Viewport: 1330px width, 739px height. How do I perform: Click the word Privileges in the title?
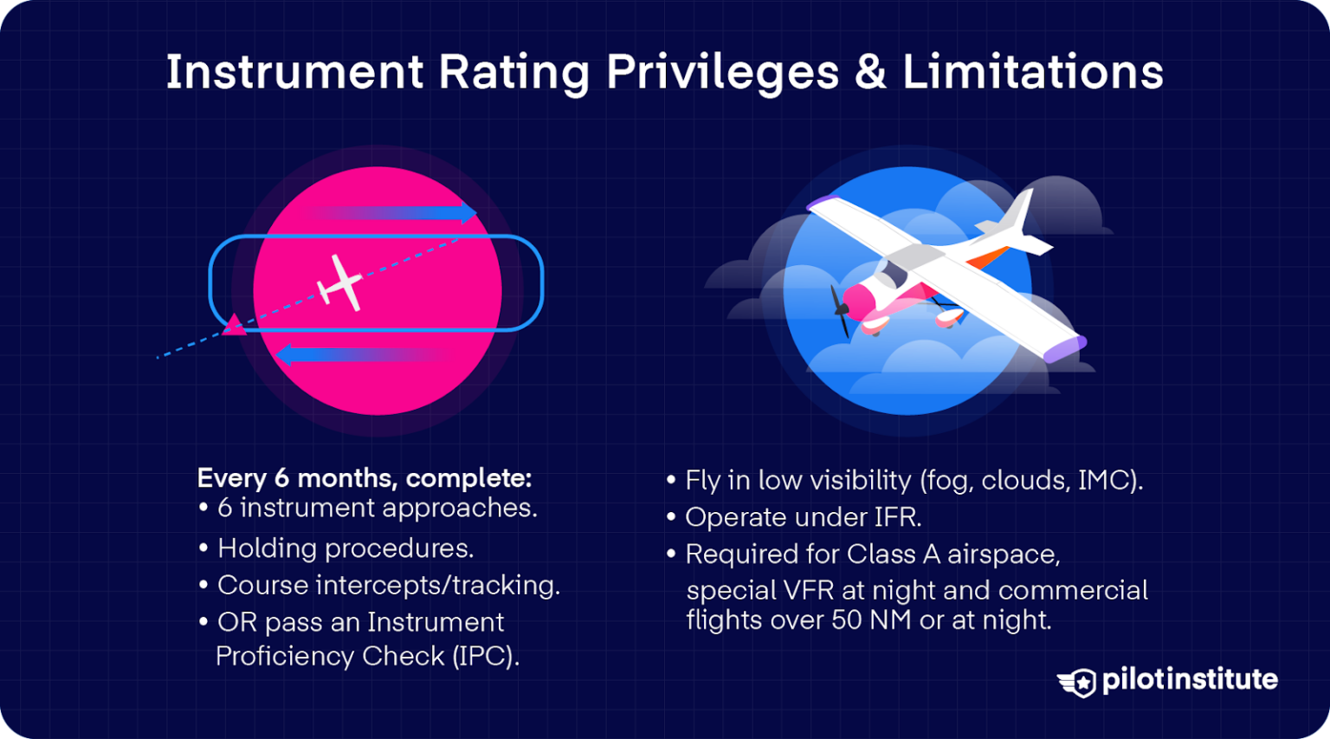tap(722, 72)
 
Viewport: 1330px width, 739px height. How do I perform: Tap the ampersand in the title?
tap(870, 72)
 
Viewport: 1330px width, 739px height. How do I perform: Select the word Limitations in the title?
tap(1033, 72)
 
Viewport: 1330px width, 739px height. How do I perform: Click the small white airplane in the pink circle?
tap(340, 282)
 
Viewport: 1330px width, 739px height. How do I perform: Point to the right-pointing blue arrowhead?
tap(468, 212)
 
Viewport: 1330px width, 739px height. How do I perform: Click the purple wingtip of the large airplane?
tap(1065, 350)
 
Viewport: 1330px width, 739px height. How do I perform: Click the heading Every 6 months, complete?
tap(365, 478)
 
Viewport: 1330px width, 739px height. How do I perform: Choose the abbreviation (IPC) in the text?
tap(486, 656)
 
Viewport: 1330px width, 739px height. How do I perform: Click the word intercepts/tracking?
tap(437, 586)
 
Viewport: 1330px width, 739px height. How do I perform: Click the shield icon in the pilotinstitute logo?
tap(1080, 682)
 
